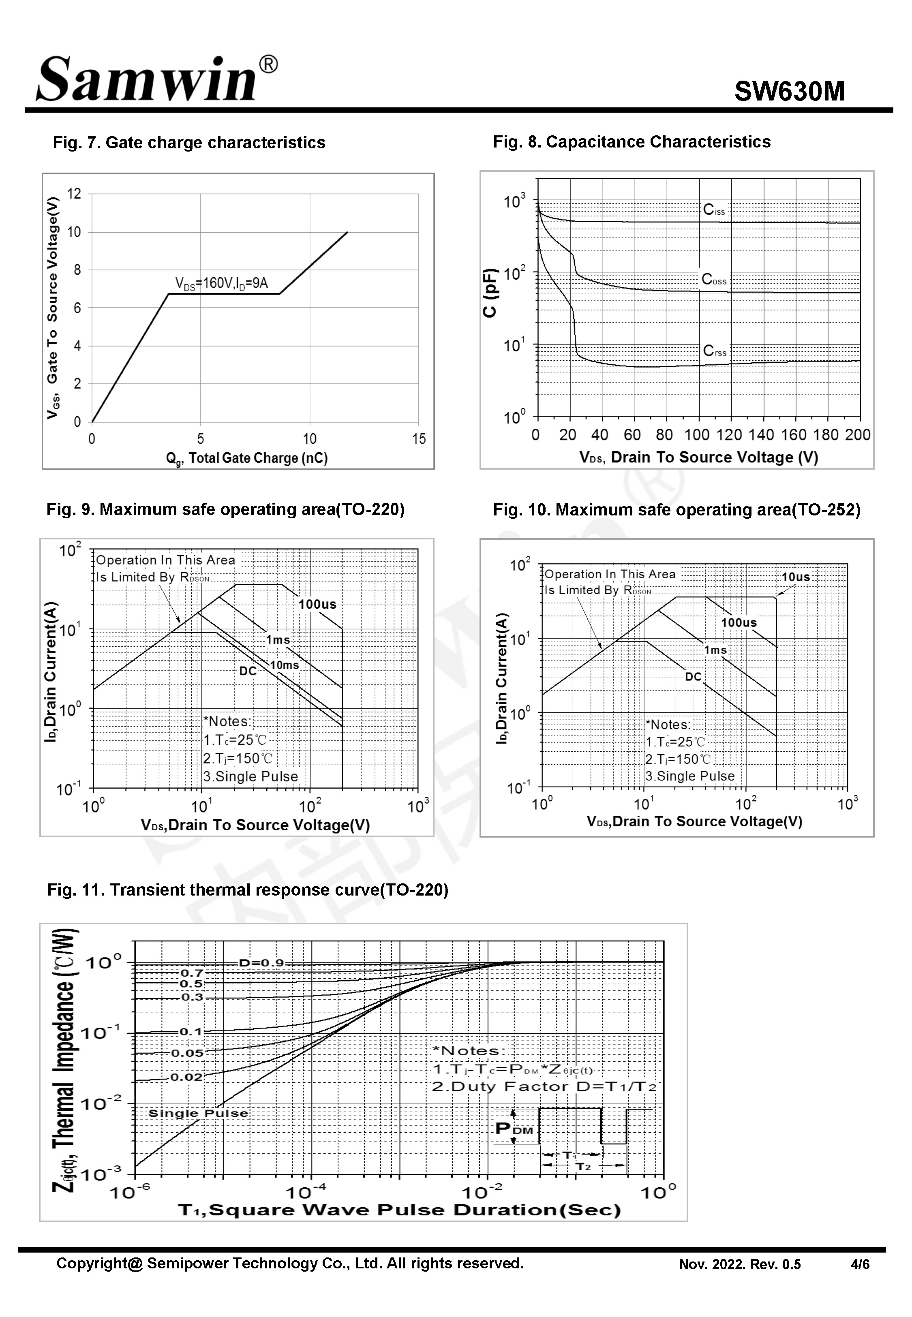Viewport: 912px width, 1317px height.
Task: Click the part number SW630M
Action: pos(789,91)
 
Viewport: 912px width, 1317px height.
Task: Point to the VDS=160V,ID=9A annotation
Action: pos(221,283)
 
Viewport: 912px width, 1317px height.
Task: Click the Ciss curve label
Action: pos(714,210)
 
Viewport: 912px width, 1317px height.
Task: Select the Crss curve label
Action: pos(714,351)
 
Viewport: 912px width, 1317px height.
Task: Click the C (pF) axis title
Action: pos(490,293)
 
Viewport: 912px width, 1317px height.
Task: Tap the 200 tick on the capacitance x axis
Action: pos(858,435)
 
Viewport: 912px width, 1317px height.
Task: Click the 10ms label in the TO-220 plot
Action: pos(284,665)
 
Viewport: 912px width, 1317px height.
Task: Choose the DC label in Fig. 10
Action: pos(693,677)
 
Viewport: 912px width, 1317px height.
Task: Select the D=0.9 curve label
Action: pos(261,963)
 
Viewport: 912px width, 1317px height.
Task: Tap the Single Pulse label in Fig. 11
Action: pos(198,1113)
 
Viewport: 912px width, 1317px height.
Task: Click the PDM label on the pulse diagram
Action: pos(514,1129)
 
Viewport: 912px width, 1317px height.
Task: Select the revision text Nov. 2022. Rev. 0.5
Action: pos(739,1264)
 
